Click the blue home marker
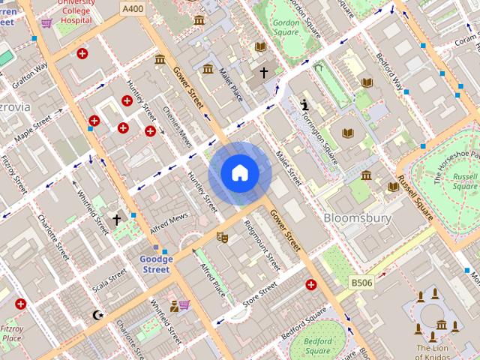point(239,172)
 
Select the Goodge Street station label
point(156,264)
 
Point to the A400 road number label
point(133,7)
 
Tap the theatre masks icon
point(221,237)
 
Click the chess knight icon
point(304,105)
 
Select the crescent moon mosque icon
point(96,314)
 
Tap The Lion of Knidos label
point(433,352)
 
